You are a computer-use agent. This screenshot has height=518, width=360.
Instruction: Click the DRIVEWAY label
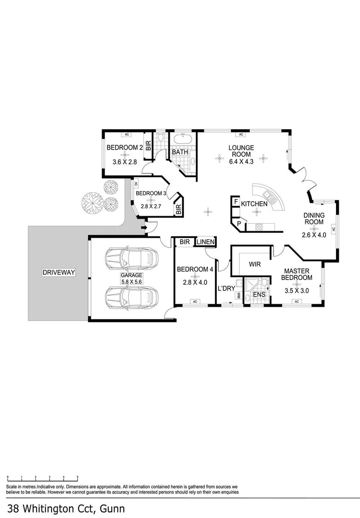coord(59,272)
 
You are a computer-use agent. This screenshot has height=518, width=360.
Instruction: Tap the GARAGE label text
coord(131,275)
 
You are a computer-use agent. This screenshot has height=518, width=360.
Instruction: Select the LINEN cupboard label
coord(205,242)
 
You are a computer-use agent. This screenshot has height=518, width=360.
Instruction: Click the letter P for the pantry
coord(238,224)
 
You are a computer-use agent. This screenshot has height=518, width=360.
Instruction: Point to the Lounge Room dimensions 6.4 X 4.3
coord(241,161)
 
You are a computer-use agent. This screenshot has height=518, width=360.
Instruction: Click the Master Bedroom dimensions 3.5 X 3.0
coord(296,290)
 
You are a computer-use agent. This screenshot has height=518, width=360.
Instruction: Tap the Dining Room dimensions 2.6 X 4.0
coord(313,234)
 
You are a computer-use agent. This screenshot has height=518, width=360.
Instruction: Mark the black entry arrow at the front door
coord(144,229)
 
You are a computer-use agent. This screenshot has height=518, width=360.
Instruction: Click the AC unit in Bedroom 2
coord(127,134)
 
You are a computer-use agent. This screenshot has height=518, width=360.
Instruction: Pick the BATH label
coord(180,152)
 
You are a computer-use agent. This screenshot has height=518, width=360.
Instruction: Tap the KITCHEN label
coord(254,204)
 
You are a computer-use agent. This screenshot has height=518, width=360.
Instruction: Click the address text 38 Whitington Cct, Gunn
coord(62,508)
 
